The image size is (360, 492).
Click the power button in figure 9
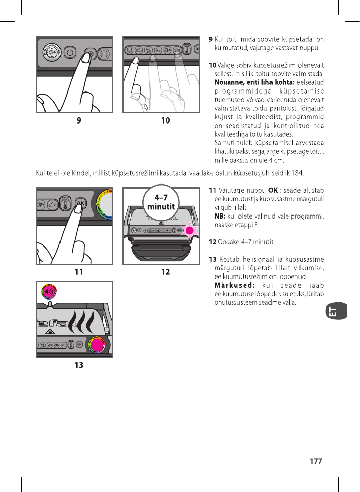[70, 52]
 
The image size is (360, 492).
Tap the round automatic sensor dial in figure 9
[50, 52]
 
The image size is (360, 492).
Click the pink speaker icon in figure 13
[49, 292]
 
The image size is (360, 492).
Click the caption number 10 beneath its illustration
[165, 120]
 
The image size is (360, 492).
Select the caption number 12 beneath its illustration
[165, 272]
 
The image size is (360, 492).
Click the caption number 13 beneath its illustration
[79, 365]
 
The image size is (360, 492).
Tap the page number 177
[316, 461]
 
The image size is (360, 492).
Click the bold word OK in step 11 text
[273, 190]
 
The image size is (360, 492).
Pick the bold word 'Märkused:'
[234, 286]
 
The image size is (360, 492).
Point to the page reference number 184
[297, 173]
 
